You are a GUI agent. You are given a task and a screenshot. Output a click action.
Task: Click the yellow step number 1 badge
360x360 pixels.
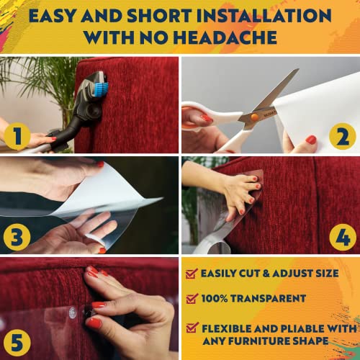[17, 136]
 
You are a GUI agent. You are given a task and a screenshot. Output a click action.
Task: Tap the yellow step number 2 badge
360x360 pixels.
[343, 136]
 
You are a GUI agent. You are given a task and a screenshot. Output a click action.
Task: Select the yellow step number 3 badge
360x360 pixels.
[17, 237]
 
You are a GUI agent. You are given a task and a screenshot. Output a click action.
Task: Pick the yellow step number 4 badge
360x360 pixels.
[343, 237]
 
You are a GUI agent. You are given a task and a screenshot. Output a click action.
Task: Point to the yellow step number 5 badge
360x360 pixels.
[17, 343]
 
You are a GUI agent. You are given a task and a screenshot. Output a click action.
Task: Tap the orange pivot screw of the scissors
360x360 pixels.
[254, 117]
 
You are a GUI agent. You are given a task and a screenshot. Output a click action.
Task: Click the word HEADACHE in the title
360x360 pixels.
[225, 37]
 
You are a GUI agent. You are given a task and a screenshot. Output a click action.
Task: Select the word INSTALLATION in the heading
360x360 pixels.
[264, 16]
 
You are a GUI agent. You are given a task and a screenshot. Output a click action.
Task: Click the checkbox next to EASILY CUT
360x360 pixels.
[192, 274]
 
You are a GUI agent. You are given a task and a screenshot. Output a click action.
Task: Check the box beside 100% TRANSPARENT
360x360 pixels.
[192, 298]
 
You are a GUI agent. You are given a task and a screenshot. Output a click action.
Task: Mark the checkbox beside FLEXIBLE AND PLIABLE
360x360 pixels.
[192, 328]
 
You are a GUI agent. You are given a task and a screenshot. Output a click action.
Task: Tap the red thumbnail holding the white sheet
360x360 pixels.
[311, 140]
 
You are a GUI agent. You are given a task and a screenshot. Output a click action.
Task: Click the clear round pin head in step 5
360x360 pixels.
[72, 312]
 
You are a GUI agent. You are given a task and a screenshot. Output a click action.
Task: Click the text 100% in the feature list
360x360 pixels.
[215, 298]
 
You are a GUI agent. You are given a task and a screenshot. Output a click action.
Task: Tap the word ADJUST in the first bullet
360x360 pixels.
[292, 273]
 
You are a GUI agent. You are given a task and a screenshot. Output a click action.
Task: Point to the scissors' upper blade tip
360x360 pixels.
[299, 69]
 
